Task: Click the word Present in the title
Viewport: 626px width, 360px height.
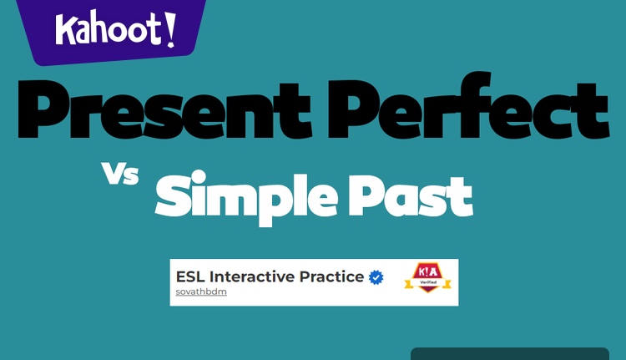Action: pos(163,109)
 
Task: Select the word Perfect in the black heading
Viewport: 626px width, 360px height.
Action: pos(468,109)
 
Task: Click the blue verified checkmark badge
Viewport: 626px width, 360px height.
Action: pos(376,276)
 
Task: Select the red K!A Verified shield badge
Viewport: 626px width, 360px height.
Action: pos(427,276)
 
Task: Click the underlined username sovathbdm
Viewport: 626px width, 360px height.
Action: pos(201,292)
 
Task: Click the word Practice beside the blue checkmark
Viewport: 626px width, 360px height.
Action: pos(336,276)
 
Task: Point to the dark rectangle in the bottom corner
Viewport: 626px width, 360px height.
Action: pos(509,354)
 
